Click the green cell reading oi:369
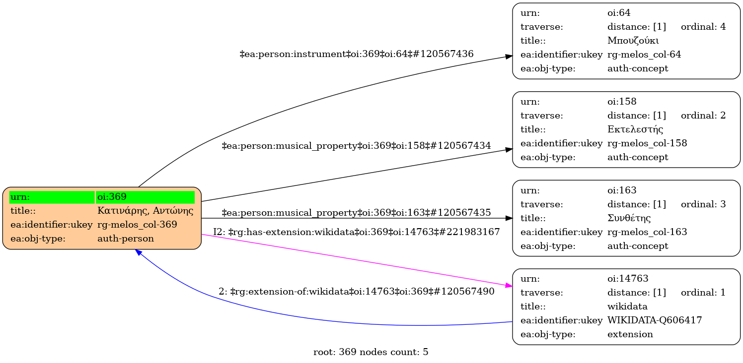click(x=145, y=197)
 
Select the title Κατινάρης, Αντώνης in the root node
click(x=145, y=211)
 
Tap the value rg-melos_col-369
click(x=137, y=225)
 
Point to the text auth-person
click(x=126, y=239)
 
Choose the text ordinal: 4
click(x=703, y=27)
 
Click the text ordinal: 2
click(x=703, y=116)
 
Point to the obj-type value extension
click(x=630, y=334)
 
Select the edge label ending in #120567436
click(x=357, y=54)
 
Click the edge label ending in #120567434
click(x=357, y=146)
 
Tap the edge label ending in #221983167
click(x=357, y=232)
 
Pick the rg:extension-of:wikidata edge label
click(x=357, y=292)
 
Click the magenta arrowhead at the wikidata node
click(x=509, y=286)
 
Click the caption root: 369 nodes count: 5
click(x=371, y=353)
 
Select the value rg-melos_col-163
click(x=647, y=232)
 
